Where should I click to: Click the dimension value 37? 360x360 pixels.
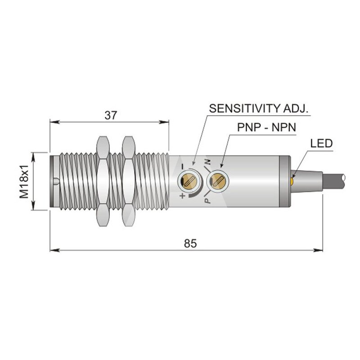click(111, 115)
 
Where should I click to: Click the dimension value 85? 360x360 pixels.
click(190, 243)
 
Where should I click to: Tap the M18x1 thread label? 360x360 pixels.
click(24, 181)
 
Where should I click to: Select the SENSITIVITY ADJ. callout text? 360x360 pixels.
click(258, 108)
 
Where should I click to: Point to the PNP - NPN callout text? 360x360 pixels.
click(266, 127)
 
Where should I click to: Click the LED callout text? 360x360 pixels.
click(321, 144)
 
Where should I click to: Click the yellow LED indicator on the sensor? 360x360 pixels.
click(292, 181)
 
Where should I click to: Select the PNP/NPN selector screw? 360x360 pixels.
click(217, 181)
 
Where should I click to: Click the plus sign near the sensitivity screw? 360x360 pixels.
click(183, 196)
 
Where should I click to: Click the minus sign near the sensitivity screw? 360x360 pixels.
click(183, 166)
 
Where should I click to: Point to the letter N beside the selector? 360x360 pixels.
click(208, 162)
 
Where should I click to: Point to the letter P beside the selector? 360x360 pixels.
click(207, 201)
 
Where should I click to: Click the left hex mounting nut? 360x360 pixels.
click(103, 181)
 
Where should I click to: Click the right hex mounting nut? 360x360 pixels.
click(128, 181)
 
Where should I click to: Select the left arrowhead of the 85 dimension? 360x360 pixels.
click(54, 250)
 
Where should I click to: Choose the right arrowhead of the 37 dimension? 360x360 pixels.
click(164, 122)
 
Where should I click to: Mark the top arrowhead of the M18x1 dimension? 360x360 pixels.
click(33, 157)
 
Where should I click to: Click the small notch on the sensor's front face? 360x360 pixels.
click(56, 181)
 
